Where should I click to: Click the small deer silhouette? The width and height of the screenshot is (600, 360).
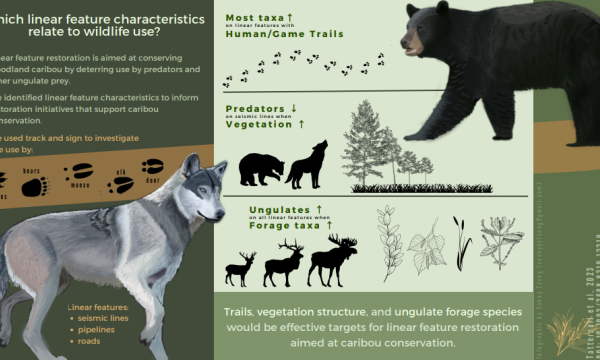coord(241,268)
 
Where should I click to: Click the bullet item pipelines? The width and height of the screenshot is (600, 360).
coord(97,328)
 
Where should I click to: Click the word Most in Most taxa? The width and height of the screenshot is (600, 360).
coord(241,17)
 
